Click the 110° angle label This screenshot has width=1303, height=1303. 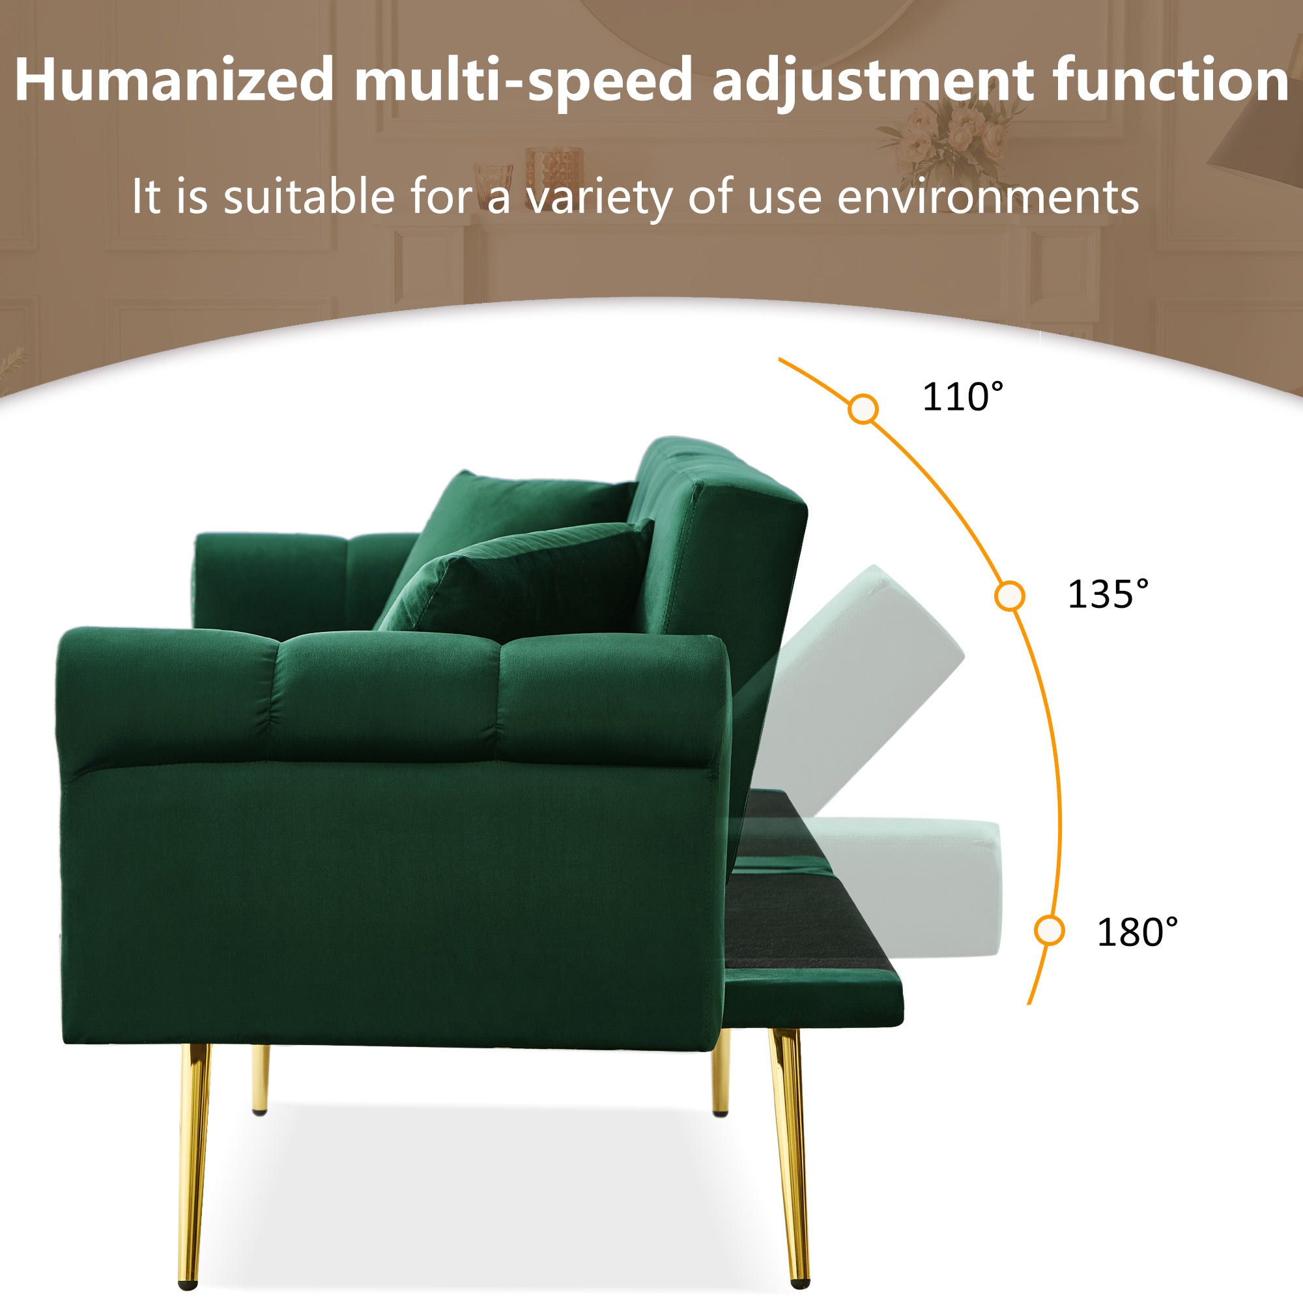coord(962,397)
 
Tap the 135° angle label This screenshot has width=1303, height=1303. coord(1108,594)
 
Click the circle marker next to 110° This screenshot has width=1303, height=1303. coord(863,409)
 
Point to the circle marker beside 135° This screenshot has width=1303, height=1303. coord(1010,595)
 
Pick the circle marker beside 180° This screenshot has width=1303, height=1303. coord(1049,932)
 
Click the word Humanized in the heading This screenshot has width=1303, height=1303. coord(174,81)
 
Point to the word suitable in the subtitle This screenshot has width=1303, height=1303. coord(308,197)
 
